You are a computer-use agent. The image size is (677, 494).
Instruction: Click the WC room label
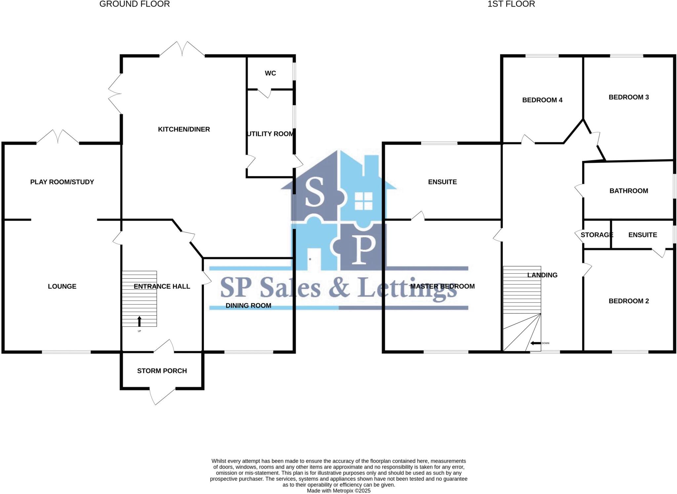pyautogui.click(x=270, y=73)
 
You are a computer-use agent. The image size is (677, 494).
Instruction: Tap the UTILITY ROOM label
pyautogui.click(x=270, y=134)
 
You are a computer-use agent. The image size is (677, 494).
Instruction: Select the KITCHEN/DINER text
pyautogui.click(x=184, y=129)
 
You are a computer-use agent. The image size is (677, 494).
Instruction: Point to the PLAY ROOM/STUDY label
pyautogui.click(x=62, y=182)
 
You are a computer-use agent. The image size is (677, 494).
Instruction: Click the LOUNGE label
pyautogui.click(x=62, y=286)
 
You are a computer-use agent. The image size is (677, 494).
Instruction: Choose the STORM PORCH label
pyautogui.click(x=162, y=371)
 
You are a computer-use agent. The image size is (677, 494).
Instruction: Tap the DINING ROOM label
pyautogui.click(x=248, y=306)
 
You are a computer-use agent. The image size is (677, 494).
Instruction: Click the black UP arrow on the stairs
pyautogui.click(x=139, y=321)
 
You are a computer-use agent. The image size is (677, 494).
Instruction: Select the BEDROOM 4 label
pyautogui.click(x=542, y=100)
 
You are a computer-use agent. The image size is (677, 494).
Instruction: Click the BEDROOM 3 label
pyautogui.click(x=628, y=97)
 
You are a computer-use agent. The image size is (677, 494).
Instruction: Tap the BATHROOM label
pyautogui.click(x=628, y=191)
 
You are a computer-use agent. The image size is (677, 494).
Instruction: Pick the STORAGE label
pyautogui.click(x=597, y=235)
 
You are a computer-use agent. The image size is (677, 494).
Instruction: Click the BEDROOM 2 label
pyautogui.click(x=628, y=301)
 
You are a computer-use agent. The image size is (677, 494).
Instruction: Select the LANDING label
pyautogui.click(x=542, y=275)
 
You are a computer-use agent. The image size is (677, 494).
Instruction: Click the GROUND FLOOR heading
pyautogui.click(x=135, y=4)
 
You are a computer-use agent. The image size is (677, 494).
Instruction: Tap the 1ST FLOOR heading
pyautogui.click(x=511, y=4)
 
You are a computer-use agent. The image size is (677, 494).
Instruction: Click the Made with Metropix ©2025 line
pyautogui.click(x=338, y=491)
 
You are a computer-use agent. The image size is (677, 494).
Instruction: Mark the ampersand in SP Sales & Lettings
pyautogui.click(x=339, y=287)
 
